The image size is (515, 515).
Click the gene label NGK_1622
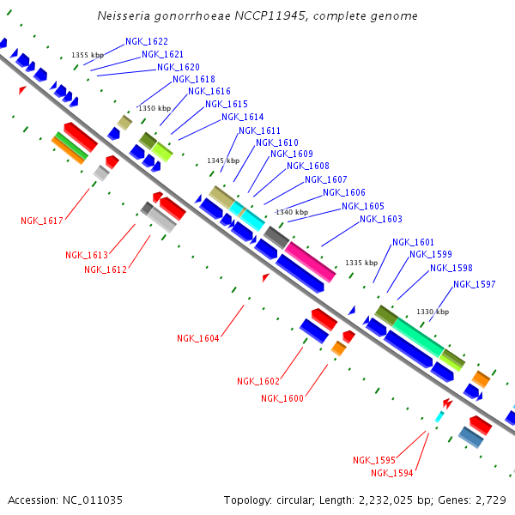(147, 41)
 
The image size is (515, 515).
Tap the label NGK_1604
(198, 338)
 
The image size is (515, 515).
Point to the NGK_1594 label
(392, 473)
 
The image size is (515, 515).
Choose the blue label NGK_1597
(474, 285)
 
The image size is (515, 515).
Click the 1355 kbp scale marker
(88, 55)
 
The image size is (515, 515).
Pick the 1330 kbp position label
(433, 312)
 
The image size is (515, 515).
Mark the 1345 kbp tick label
(223, 161)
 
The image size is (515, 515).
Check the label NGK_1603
(381, 220)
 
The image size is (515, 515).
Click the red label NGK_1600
(282, 397)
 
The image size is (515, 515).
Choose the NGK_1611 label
(260, 130)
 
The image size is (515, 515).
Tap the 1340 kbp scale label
(291, 212)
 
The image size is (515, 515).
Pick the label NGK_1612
(106, 270)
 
